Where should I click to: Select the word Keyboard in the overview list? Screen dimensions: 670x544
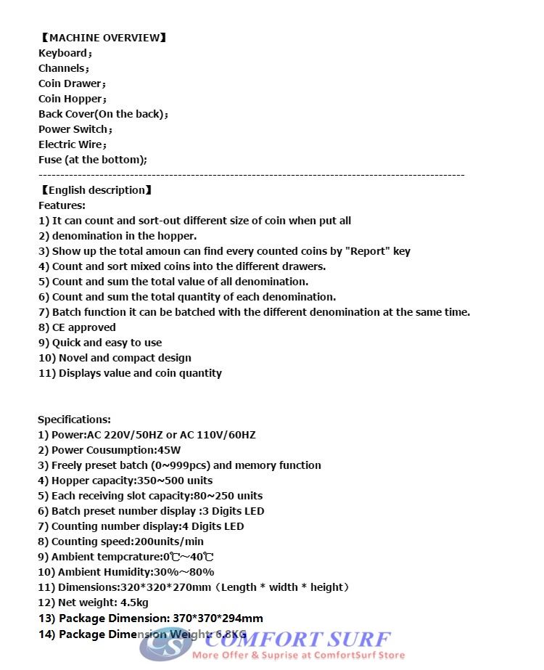[62, 53]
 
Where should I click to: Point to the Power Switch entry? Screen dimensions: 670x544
[75, 129]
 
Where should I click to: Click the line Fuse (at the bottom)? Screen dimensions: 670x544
[92, 160]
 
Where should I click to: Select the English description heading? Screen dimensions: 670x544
[96, 190]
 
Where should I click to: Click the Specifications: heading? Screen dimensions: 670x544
[74, 420]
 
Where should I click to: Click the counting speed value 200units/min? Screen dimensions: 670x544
[170, 542]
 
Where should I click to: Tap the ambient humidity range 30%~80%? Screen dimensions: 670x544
[186, 572]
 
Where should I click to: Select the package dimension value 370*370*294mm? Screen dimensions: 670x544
[218, 618]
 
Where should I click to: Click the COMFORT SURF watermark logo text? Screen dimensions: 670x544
[297, 640]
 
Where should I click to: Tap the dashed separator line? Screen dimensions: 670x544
[251, 175]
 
